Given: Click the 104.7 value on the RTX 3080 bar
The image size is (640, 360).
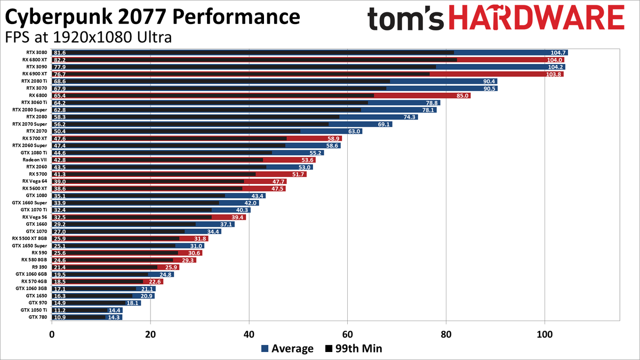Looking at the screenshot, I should point(558,53).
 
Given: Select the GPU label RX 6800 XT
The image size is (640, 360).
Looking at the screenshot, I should point(35,60).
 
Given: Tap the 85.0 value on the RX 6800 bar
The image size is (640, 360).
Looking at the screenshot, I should point(463,95).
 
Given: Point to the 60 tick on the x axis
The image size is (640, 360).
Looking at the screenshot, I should point(347,334).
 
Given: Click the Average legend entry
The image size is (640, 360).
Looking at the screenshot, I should point(287,349).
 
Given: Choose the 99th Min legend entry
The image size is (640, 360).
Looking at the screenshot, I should point(353,349).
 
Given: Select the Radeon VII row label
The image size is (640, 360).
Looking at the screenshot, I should point(35,159).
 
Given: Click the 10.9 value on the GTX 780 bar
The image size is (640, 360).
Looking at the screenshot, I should point(60,317).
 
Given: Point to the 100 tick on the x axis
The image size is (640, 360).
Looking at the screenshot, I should point(545,334).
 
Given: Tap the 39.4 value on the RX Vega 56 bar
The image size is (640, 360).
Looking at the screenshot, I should point(238,217).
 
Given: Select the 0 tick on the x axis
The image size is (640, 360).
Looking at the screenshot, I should point(52,334).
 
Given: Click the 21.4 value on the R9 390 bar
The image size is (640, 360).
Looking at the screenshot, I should point(60,267).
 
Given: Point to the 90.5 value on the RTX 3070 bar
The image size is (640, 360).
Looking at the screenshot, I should point(490,89).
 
